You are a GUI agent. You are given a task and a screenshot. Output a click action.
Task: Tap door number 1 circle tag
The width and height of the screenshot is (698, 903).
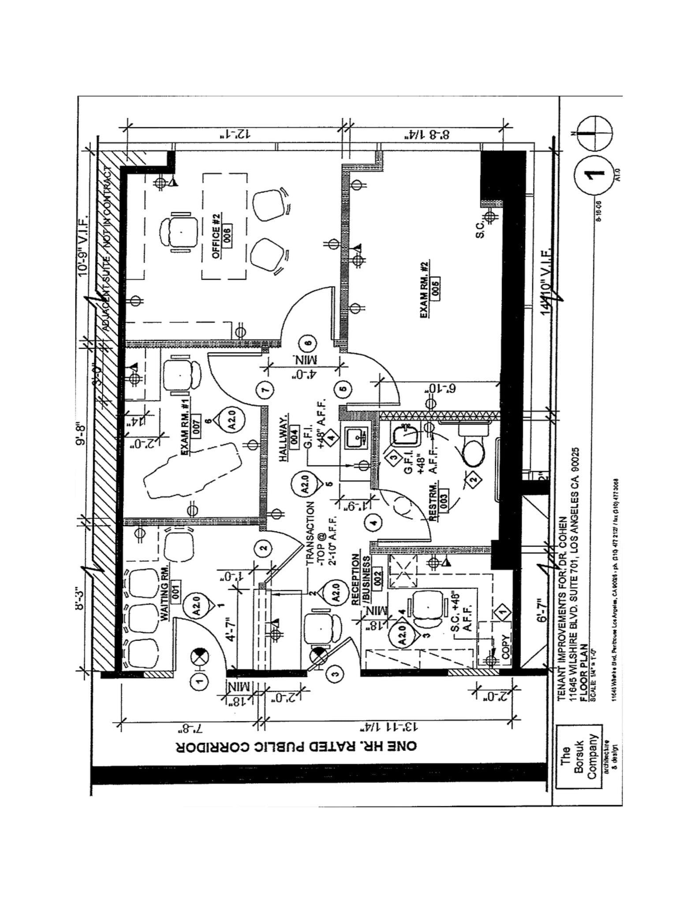[x=199, y=682]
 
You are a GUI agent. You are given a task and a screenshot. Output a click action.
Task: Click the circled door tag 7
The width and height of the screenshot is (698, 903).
[x=265, y=390]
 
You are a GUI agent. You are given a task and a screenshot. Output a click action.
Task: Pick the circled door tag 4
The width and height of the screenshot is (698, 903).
[x=373, y=523]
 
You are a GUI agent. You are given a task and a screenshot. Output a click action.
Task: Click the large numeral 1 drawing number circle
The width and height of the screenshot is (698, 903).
[x=592, y=173]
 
